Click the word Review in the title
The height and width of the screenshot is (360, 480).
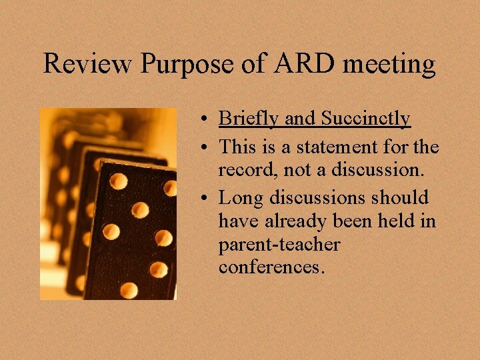88,64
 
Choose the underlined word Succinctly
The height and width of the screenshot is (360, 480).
365,119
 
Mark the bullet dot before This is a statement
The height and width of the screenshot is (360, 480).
209,147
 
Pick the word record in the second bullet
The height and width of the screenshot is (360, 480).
243,170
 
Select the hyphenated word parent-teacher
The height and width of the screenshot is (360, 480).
279,245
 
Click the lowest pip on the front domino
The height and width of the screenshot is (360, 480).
129,289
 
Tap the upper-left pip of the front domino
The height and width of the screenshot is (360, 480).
118,181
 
